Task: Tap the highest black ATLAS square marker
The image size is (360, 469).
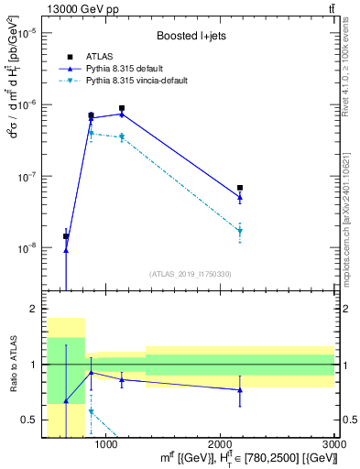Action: [122, 108]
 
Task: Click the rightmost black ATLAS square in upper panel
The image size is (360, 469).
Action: [240, 188]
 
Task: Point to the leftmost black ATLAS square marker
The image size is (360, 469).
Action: [66, 236]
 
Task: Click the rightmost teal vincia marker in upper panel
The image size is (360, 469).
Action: [240, 231]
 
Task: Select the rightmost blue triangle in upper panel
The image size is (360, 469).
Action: [240, 197]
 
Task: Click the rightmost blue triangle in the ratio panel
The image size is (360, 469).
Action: [240, 390]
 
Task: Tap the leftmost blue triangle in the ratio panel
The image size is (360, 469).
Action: [66, 401]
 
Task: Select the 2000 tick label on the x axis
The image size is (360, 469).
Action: [221, 443]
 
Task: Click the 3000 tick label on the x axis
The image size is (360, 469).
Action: [334, 443]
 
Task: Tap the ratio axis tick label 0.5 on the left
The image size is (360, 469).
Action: [30, 420]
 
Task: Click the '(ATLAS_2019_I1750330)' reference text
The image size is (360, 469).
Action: [189, 274]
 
